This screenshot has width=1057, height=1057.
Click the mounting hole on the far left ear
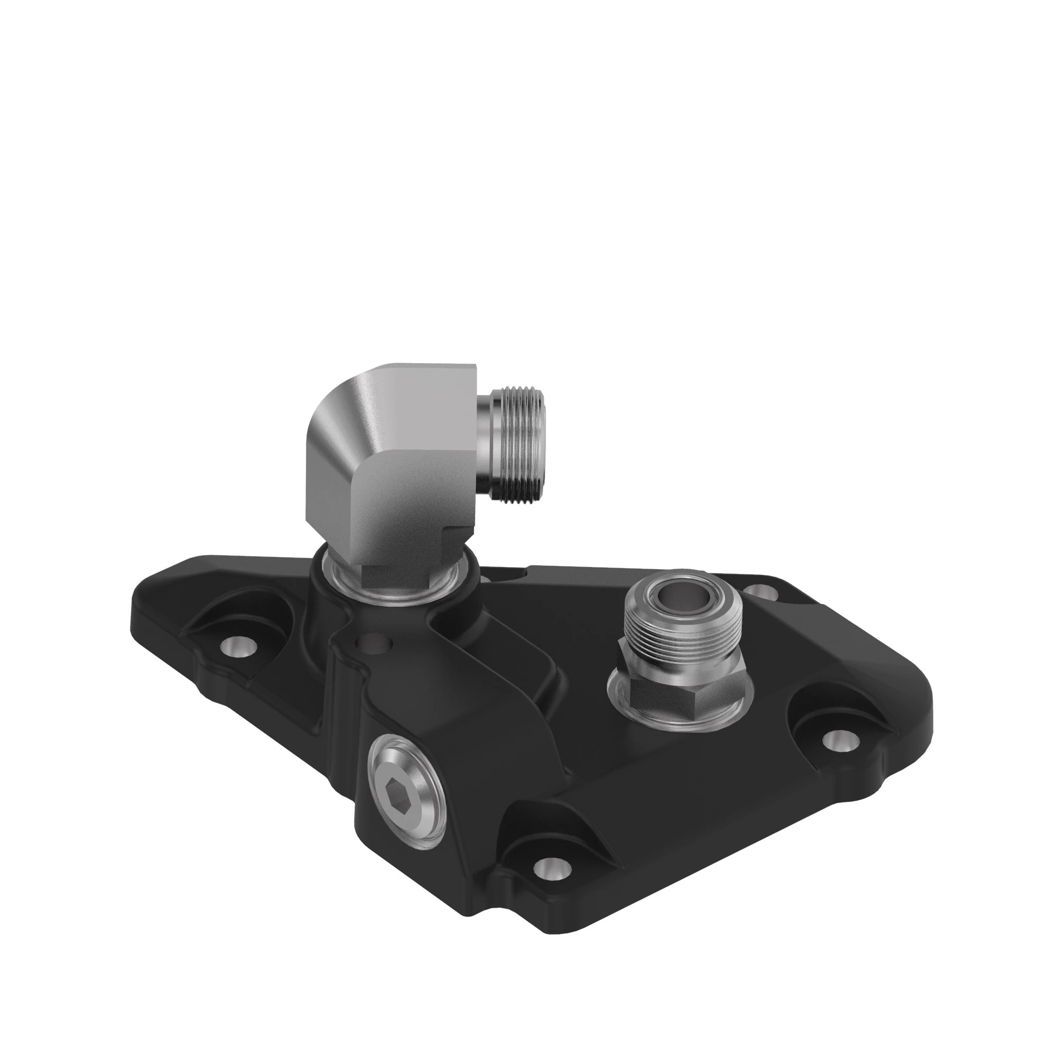pyautogui.click(x=239, y=646)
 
